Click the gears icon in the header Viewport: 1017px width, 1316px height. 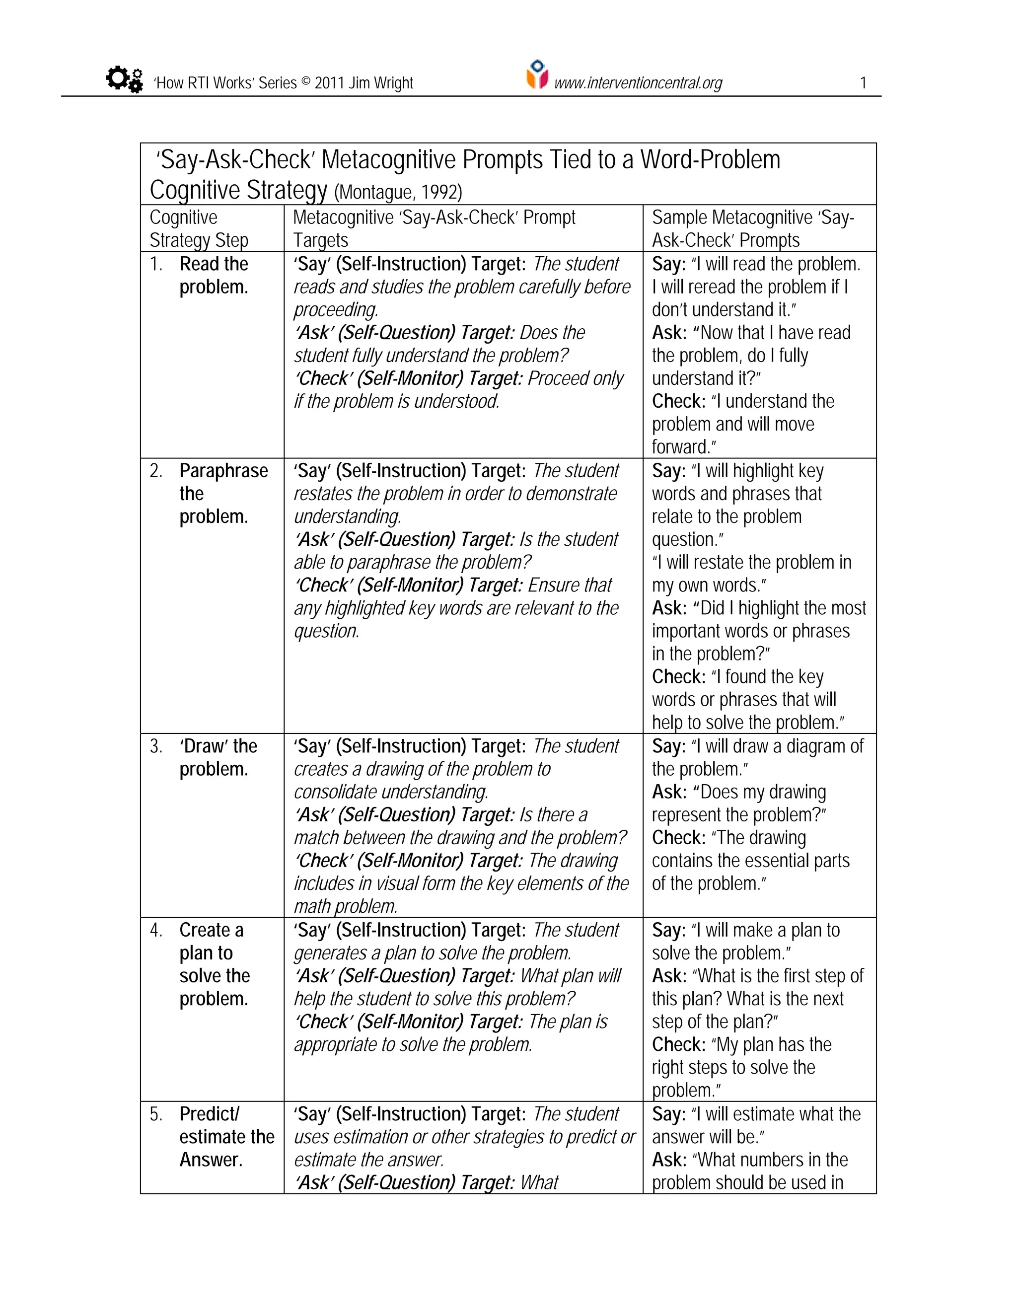point(125,79)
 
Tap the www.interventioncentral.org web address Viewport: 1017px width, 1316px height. point(638,82)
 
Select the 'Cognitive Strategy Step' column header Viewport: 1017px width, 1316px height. point(199,228)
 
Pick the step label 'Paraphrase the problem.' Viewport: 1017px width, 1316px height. point(223,494)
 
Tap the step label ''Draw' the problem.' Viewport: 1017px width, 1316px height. point(218,757)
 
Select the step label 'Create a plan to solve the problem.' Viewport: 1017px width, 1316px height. point(214,964)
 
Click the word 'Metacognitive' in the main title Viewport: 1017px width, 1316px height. point(388,160)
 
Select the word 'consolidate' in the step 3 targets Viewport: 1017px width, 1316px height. point(339,792)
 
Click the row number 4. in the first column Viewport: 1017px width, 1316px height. point(156,930)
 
